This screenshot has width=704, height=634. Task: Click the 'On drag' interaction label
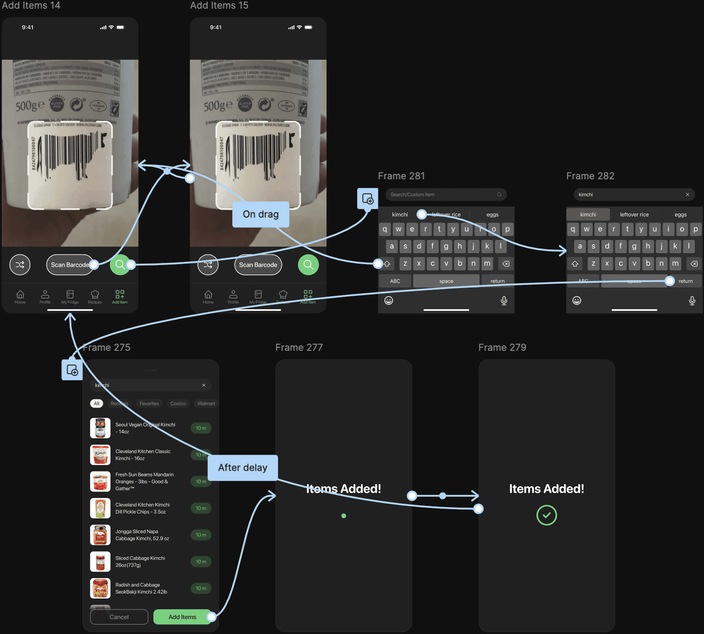click(x=261, y=214)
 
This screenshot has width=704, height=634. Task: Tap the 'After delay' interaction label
click(x=242, y=468)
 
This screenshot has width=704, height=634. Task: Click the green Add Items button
click(x=182, y=617)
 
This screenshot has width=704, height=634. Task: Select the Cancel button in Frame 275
click(x=119, y=617)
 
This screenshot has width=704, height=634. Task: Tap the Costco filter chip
click(x=178, y=404)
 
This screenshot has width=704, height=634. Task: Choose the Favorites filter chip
click(x=149, y=404)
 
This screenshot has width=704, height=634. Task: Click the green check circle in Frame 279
click(x=546, y=515)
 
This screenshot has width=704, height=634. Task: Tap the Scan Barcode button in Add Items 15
click(x=258, y=265)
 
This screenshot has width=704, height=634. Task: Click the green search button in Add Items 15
click(x=308, y=265)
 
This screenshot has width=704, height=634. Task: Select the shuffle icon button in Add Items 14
click(x=20, y=265)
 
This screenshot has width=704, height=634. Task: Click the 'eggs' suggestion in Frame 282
click(x=680, y=215)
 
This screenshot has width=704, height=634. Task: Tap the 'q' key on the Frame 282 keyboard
click(x=573, y=229)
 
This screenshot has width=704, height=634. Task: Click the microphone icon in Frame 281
click(x=504, y=301)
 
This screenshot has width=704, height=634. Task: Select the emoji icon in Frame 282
click(x=577, y=301)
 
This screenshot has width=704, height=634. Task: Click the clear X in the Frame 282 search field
click(x=687, y=195)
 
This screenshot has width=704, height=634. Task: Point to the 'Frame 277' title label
click(x=299, y=348)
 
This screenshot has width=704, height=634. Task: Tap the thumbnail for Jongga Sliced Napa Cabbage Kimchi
click(x=100, y=535)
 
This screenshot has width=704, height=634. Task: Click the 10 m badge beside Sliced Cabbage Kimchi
click(x=201, y=562)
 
